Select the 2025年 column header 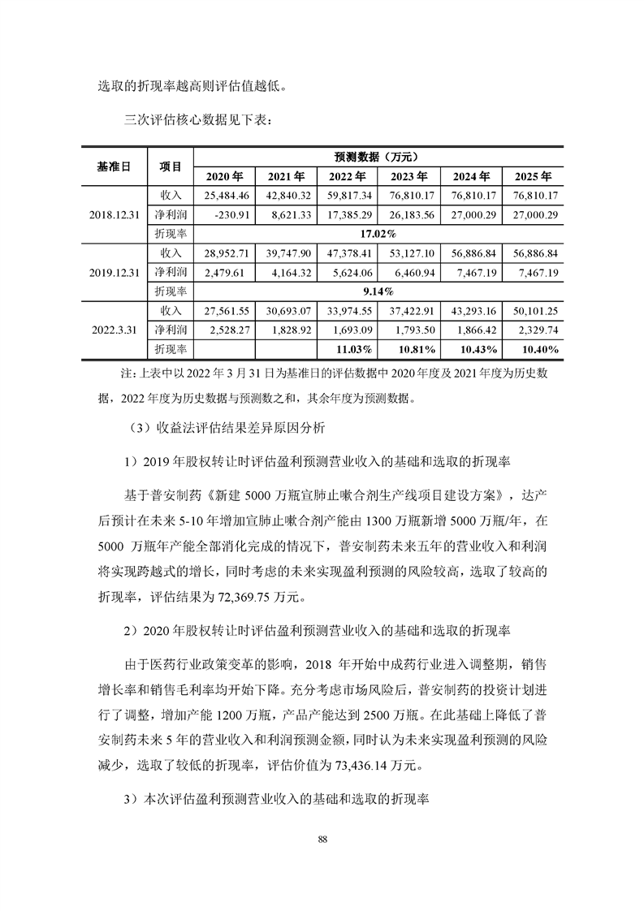coord(534,176)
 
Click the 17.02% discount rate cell coord(378,234)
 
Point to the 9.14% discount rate coord(378,291)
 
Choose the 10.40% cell coord(534,348)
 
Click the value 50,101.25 coord(534,310)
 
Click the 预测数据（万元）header coord(378,157)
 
